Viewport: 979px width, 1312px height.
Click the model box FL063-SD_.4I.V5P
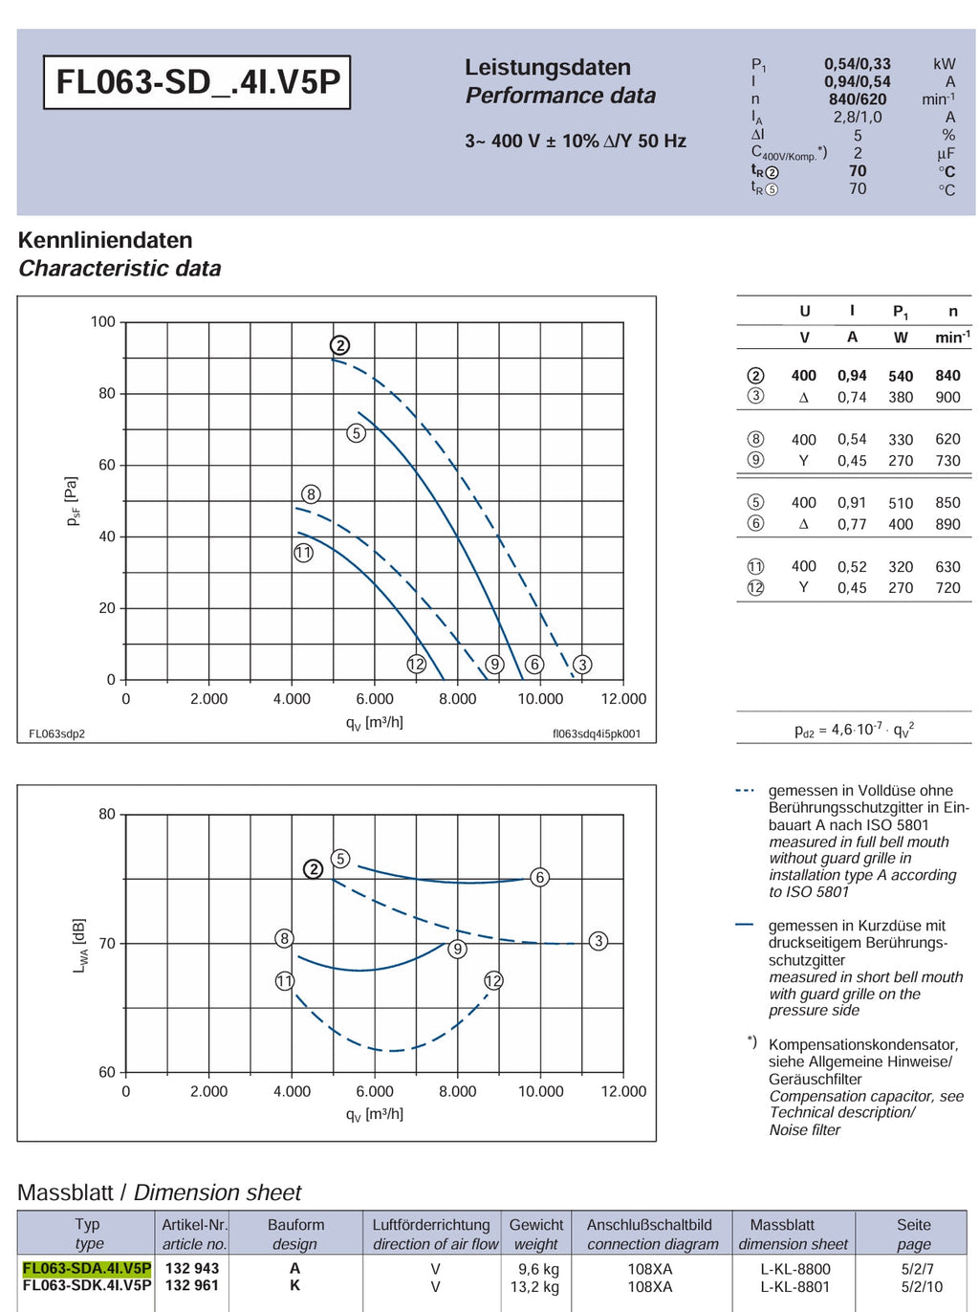[197, 82]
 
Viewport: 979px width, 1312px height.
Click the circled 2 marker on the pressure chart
[339, 345]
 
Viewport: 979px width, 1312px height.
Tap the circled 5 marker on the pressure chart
[356, 433]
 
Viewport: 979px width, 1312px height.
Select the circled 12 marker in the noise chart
[492, 980]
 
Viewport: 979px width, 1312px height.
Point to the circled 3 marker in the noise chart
[598, 941]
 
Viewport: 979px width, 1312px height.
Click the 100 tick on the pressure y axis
[102, 321]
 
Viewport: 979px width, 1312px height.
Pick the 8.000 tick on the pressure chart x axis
[458, 698]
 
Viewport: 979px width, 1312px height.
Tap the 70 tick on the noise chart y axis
[107, 943]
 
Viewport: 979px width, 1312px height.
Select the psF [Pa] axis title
[73, 501]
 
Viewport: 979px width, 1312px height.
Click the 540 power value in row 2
[901, 376]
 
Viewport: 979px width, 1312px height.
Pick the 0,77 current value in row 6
[852, 524]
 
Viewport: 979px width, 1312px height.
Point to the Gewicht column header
[535, 1224]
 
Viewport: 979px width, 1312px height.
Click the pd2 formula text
[854, 730]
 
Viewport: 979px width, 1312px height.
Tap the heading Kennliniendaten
[105, 240]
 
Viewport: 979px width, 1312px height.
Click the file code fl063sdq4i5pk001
[597, 733]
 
